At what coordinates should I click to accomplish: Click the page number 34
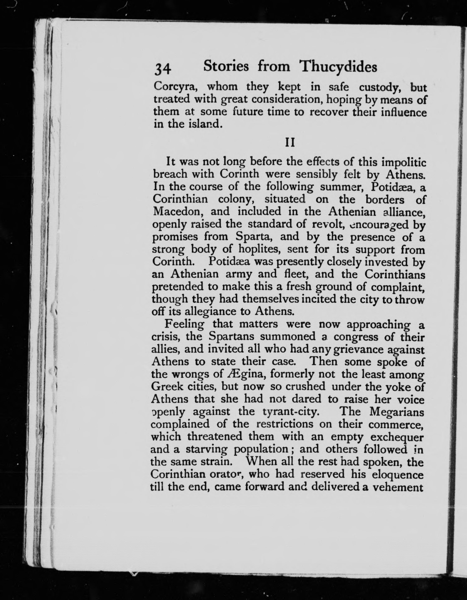[x=163, y=69]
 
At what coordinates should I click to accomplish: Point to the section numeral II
[x=290, y=143]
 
